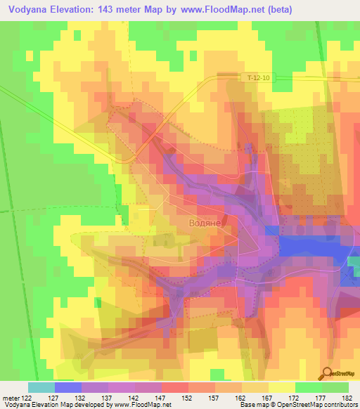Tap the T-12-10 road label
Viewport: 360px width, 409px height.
click(x=258, y=77)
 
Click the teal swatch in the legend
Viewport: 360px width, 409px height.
click(x=41, y=387)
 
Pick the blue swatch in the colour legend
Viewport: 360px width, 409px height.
click(x=68, y=387)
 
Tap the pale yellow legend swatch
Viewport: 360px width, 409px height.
click(x=282, y=387)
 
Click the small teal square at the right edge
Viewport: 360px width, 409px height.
click(x=353, y=262)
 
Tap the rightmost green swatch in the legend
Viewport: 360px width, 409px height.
click(x=335, y=387)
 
